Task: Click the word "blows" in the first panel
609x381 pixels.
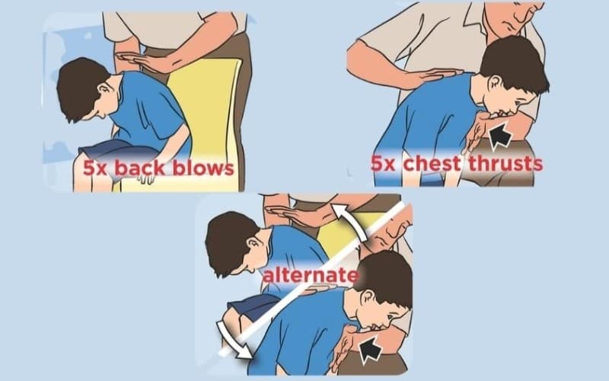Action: (x=205, y=167)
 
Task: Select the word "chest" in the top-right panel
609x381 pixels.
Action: (x=435, y=163)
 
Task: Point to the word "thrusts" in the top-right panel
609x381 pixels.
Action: (x=509, y=163)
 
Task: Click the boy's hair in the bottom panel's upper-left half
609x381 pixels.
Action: (x=228, y=236)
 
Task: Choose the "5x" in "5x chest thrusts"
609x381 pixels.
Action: (x=385, y=163)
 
